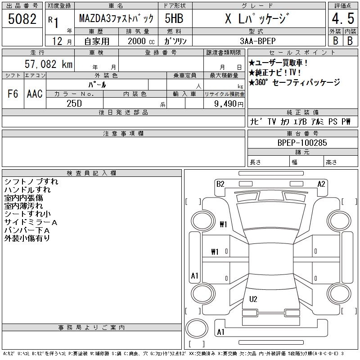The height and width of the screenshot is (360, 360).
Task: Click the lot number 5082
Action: click(x=22, y=19)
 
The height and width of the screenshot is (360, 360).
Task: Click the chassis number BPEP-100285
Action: click(x=302, y=143)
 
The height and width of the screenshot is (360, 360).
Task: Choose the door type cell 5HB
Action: click(x=173, y=19)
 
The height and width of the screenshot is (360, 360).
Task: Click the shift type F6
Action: click(x=13, y=94)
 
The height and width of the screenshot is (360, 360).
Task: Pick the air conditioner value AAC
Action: click(x=35, y=94)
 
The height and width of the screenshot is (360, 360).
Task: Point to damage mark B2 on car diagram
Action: click(x=220, y=184)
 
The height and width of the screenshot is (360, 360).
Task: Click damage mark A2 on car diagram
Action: click(x=321, y=184)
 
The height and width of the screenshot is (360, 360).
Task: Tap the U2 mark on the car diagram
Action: click(x=253, y=299)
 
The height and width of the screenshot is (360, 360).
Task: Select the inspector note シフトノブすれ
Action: click(x=31, y=182)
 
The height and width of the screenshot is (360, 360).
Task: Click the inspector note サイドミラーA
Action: click(x=31, y=222)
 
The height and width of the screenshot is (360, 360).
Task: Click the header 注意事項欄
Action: click(x=123, y=134)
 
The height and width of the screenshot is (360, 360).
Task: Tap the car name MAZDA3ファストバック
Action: click(x=116, y=19)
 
